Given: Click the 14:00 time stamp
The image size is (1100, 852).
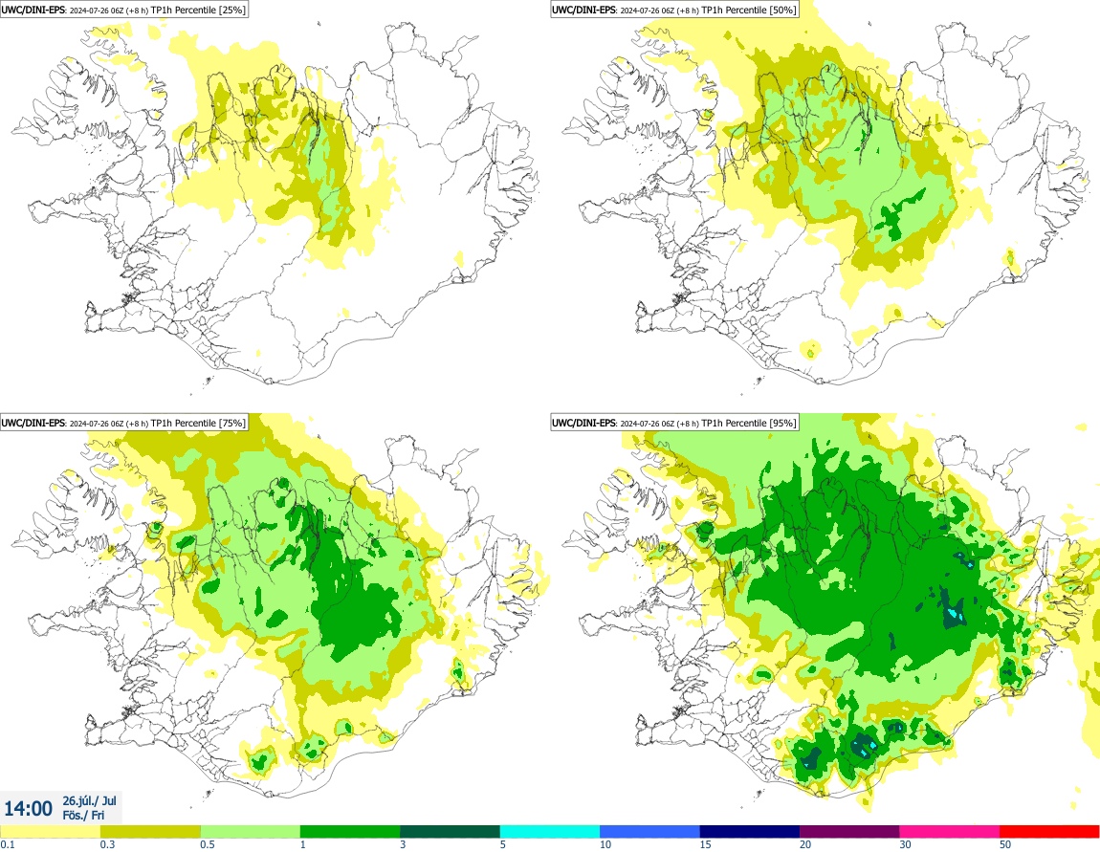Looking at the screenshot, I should pos(29,808).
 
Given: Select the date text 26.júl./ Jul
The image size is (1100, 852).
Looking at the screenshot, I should pos(89,800).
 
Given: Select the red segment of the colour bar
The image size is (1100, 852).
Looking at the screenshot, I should pos(1049,831).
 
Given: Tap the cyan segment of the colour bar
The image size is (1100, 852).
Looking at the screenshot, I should pos(550,831).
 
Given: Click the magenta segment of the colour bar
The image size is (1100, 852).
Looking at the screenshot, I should pos(949,831).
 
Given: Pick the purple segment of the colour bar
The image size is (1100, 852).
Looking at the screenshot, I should pos(849,831).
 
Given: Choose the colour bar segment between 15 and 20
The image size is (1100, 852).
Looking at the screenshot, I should pos(749,831).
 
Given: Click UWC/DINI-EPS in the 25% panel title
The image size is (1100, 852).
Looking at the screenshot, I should pos(33,10).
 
